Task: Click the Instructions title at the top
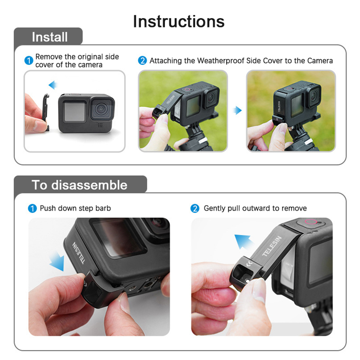point(179,21)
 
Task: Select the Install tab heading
point(50,37)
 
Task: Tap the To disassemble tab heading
point(79,185)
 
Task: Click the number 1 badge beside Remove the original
point(29,61)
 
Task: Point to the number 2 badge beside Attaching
point(142,61)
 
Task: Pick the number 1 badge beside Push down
point(32,208)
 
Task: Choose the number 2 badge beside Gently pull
point(195,208)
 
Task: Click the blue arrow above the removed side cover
point(53,85)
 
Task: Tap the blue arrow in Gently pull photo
point(244,241)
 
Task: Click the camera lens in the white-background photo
point(101,109)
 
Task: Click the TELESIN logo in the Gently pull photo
point(272,246)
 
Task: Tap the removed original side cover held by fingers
point(46,112)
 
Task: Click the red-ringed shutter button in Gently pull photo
point(311,222)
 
